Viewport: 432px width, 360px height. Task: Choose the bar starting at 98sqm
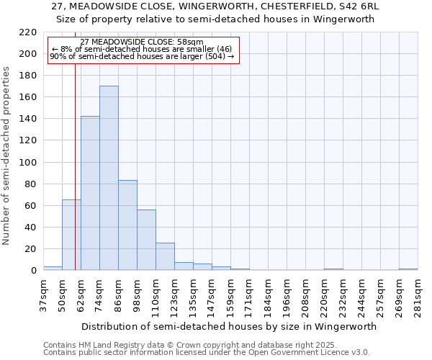[x=146, y=240]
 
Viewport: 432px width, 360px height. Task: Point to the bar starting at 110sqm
[x=165, y=256]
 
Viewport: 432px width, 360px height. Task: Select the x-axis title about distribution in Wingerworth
[x=229, y=326]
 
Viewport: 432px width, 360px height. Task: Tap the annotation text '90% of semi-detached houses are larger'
[x=142, y=57]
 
